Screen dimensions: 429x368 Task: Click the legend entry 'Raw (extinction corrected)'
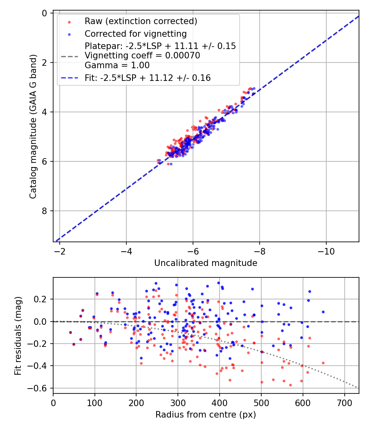[x=141, y=21]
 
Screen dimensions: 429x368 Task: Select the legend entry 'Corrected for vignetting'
[x=135, y=34]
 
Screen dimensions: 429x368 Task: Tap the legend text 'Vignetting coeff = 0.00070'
[x=142, y=56]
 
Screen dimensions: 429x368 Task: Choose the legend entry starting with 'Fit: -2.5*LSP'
[x=148, y=78]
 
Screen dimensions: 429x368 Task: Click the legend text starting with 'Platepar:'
[x=160, y=46]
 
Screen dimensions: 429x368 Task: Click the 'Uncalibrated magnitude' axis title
[x=206, y=263]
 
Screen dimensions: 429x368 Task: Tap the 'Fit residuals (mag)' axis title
[x=18, y=335]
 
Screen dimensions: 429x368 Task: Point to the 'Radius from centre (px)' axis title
[x=206, y=415]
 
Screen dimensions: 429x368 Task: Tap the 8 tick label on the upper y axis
[x=45, y=211]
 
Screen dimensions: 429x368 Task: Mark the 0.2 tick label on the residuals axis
[x=41, y=299]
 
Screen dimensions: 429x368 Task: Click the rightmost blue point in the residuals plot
[x=323, y=312]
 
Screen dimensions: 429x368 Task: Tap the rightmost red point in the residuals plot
[x=323, y=363]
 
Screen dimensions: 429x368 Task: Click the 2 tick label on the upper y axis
[x=45, y=63]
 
